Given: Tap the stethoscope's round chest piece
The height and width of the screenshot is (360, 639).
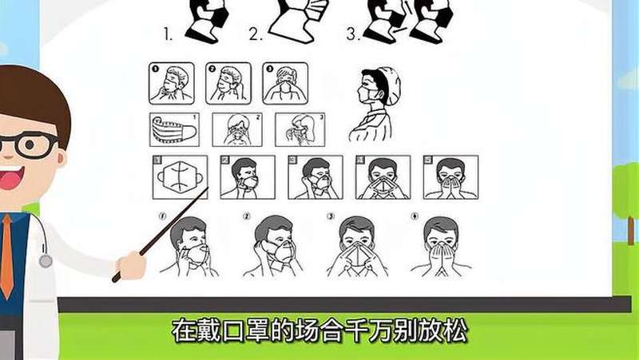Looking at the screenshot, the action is (x=46, y=261).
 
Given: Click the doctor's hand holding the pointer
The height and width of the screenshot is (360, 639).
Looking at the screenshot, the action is (x=131, y=266).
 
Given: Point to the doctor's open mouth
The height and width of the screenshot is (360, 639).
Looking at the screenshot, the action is (x=11, y=178).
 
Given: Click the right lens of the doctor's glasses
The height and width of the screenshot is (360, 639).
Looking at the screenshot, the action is (x=31, y=145).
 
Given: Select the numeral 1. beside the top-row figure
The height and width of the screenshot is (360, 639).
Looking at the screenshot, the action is (x=169, y=34).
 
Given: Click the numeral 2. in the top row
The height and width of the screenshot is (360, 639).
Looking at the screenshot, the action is (x=256, y=34).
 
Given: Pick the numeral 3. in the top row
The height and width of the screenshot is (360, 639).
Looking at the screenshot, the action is (x=353, y=34).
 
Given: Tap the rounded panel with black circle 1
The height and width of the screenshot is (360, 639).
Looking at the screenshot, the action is (x=172, y=84).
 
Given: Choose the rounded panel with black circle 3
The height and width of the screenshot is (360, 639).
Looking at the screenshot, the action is (x=285, y=84).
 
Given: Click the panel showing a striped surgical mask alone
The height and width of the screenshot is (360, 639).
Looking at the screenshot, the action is (x=174, y=129).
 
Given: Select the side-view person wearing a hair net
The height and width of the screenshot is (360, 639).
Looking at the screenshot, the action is (x=375, y=105).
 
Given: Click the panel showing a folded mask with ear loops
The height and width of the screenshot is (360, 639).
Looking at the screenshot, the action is (x=181, y=177).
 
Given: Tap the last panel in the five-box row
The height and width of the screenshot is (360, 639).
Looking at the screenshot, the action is (x=450, y=177).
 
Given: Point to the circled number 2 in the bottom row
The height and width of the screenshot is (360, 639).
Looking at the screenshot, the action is (x=246, y=216).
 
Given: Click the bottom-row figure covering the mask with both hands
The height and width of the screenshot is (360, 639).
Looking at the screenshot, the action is (x=442, y=247).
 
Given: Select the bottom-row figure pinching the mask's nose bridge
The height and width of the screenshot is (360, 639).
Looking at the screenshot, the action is (x=357, y=247).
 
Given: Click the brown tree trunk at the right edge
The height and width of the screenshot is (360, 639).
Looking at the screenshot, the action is (x=631, y=230).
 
